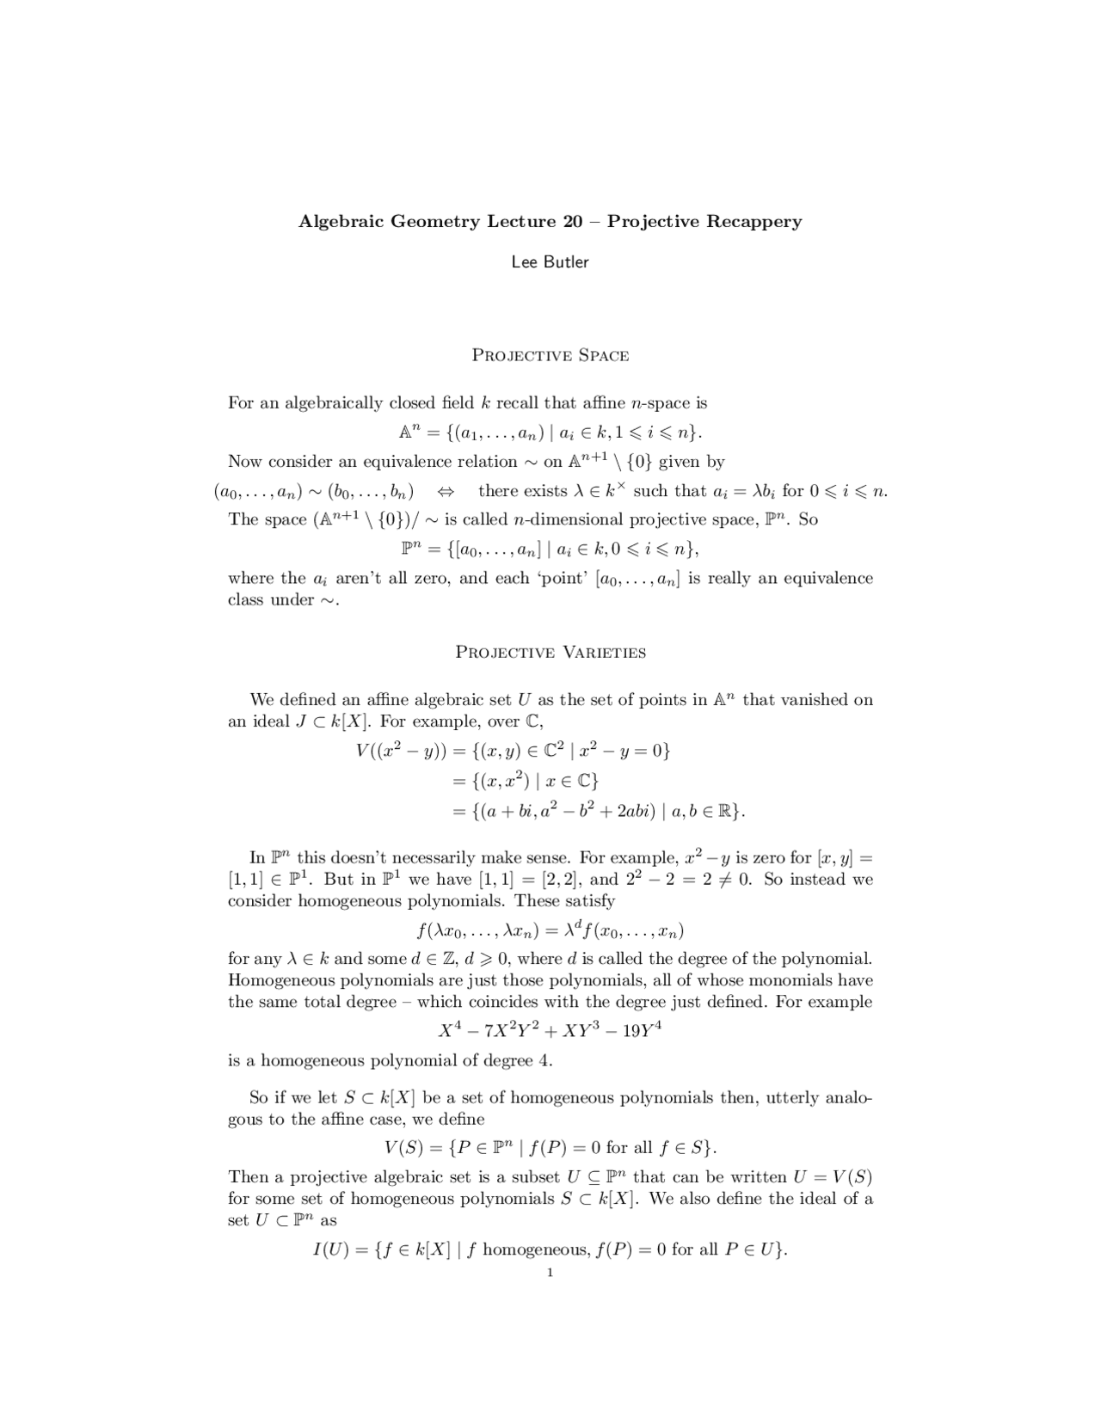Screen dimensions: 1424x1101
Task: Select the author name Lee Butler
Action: click(550, 262)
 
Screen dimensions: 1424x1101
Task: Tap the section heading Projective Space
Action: click(550, 356)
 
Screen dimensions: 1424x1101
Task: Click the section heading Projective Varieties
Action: click(550, 653)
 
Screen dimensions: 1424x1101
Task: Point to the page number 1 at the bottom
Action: click(550, 1273)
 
